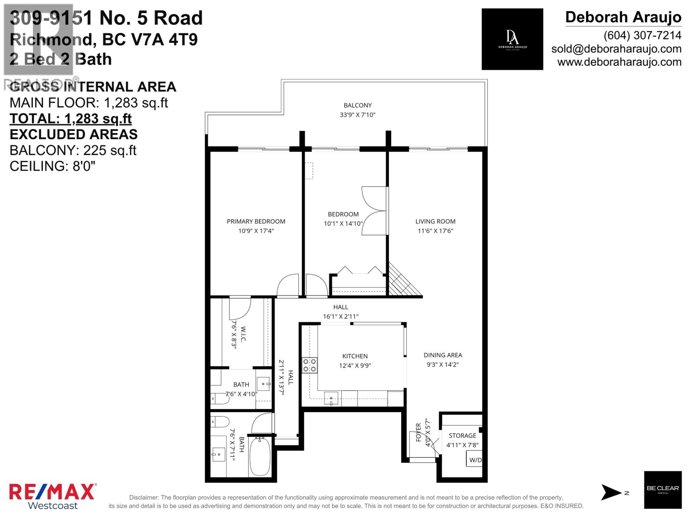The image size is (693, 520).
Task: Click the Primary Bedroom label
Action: (256, 221)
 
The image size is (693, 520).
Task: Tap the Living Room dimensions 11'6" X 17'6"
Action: (435, 231)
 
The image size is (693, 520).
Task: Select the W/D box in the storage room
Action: (475, 460)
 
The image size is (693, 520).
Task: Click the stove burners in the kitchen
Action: (310, 365)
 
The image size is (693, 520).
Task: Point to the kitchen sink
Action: (331, 398)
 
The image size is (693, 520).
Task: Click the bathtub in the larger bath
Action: (260, 457)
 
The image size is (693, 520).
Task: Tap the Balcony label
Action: (358, 105)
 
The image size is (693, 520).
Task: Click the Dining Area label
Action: (443, 355)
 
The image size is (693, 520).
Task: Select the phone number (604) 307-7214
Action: (642, 36)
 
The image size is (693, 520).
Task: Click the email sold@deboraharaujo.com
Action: (616, 49)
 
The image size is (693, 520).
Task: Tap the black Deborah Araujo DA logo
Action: (512, 39)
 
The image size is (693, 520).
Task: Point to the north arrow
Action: (612, 493)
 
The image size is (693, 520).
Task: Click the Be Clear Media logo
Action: (663, 490)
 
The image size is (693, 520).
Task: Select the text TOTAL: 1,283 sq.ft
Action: (71, 119)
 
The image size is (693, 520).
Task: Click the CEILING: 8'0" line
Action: (52, 166)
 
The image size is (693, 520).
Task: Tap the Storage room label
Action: (462, 435)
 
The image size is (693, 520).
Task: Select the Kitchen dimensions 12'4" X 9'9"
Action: (355, 366)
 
